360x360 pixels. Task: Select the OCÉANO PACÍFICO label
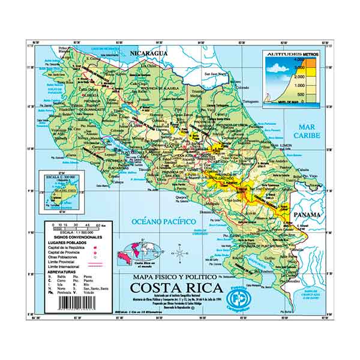click(x=164, y=222)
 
